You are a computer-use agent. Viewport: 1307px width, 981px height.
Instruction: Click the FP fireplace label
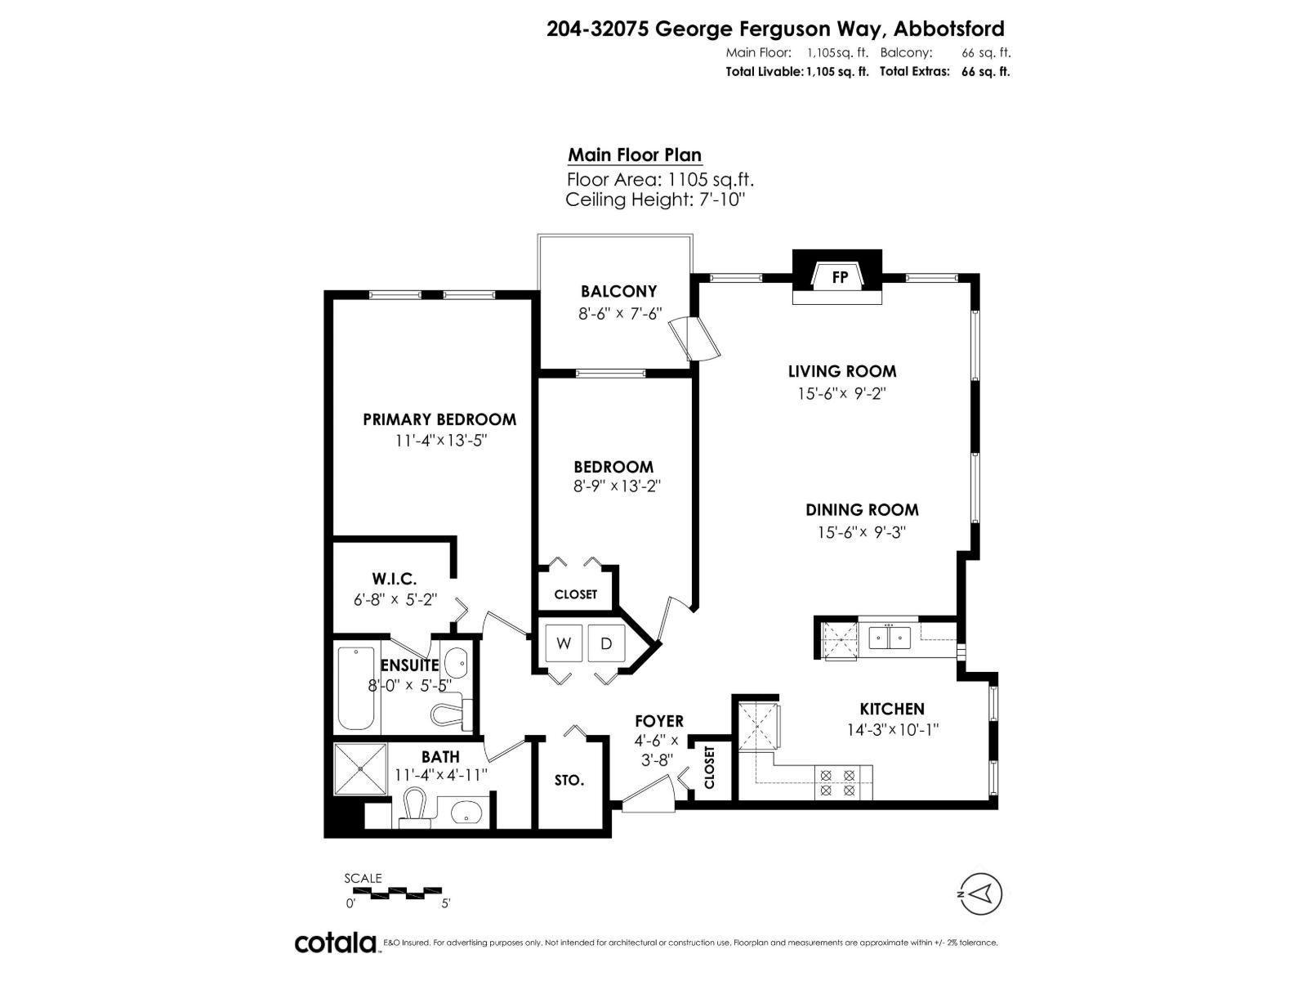(839, 277)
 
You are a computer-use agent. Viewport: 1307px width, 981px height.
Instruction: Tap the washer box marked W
(564, 643)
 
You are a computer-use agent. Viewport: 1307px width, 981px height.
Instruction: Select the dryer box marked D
(606, 643)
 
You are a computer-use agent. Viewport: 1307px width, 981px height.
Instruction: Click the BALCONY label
(618, 291)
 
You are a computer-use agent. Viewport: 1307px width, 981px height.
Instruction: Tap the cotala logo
(336, 943)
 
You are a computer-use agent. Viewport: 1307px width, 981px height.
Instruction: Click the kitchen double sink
(889, 636)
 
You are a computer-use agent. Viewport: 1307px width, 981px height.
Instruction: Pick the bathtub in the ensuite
(356, 689)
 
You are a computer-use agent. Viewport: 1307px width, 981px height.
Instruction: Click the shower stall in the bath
(360, 768)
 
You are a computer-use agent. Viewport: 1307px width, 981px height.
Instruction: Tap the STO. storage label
(569, 780)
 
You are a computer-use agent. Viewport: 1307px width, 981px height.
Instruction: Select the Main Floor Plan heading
(635, 155)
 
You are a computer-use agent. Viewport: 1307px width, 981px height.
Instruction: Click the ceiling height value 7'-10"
(720, 199)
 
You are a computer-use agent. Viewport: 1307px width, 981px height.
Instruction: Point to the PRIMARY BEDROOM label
(439, 419)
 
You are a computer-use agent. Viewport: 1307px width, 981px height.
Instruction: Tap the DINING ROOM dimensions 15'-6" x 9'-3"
(862, 532)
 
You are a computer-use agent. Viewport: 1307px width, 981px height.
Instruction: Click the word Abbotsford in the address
(949, 29)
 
